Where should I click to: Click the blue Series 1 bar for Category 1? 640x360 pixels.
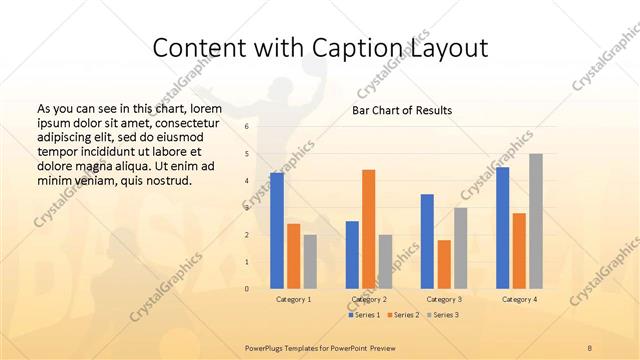(277, 231)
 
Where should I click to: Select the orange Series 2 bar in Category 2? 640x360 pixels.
(368, 229)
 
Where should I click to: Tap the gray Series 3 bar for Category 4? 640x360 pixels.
(536, 221)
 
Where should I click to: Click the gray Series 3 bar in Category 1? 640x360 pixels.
(310, 262)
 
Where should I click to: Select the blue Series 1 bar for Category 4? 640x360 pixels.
(502, 228)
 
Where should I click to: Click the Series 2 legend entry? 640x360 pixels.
(402, 315)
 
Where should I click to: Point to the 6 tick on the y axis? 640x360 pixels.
(246, 127)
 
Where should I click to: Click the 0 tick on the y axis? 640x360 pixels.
(246, 289)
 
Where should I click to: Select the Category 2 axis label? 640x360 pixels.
(368, 299)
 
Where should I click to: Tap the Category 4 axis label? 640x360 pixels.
(519, 299)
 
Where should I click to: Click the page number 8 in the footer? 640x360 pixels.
(590, 346)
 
